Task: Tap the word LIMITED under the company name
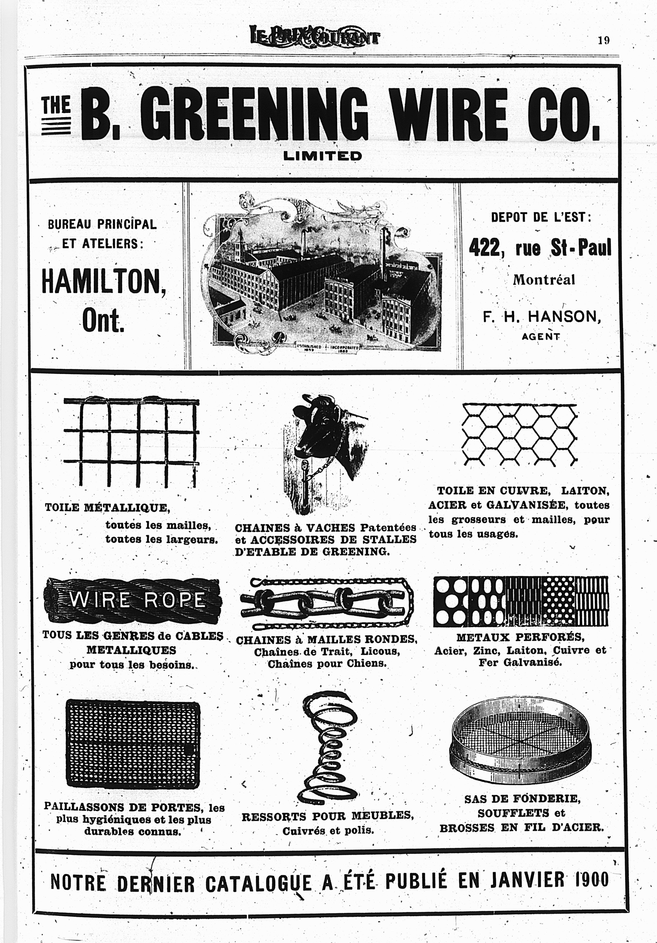pos(323,156)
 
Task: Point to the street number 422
pos(486,248)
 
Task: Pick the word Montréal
pos(544,280)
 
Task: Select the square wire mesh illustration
pos(132,441)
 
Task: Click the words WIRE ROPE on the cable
pos(137,600)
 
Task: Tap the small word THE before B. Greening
pos(56,104)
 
